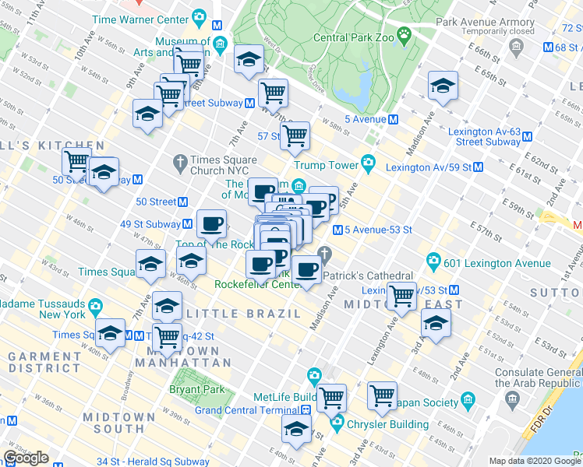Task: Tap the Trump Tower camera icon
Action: coord(368,164)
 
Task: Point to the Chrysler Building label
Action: coord(387,424)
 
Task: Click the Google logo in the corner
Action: coord(26,458)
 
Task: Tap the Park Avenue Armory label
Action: coord(486,23)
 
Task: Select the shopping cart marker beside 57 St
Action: coord(295,135)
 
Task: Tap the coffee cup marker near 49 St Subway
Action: coord(211,224)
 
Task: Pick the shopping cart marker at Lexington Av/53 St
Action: coord(401,295)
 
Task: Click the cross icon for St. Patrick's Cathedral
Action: coord(326,255)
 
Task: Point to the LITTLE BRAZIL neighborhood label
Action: coord(245,313)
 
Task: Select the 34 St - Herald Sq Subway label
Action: coord(153,462)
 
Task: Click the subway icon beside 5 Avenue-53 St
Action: coord(337,230)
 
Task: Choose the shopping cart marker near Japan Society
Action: coord(382,395)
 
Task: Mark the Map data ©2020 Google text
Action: coord(534,461)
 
